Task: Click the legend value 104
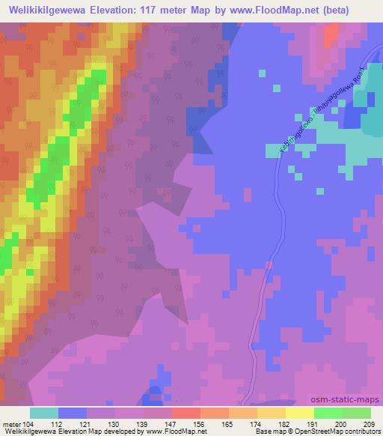(29, 424)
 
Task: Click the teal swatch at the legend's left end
(44, 414)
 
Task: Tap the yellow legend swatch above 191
(300, 414)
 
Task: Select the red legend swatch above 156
(186, 414)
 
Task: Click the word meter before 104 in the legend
(12, 424)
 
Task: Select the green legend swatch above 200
(328, 414)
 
